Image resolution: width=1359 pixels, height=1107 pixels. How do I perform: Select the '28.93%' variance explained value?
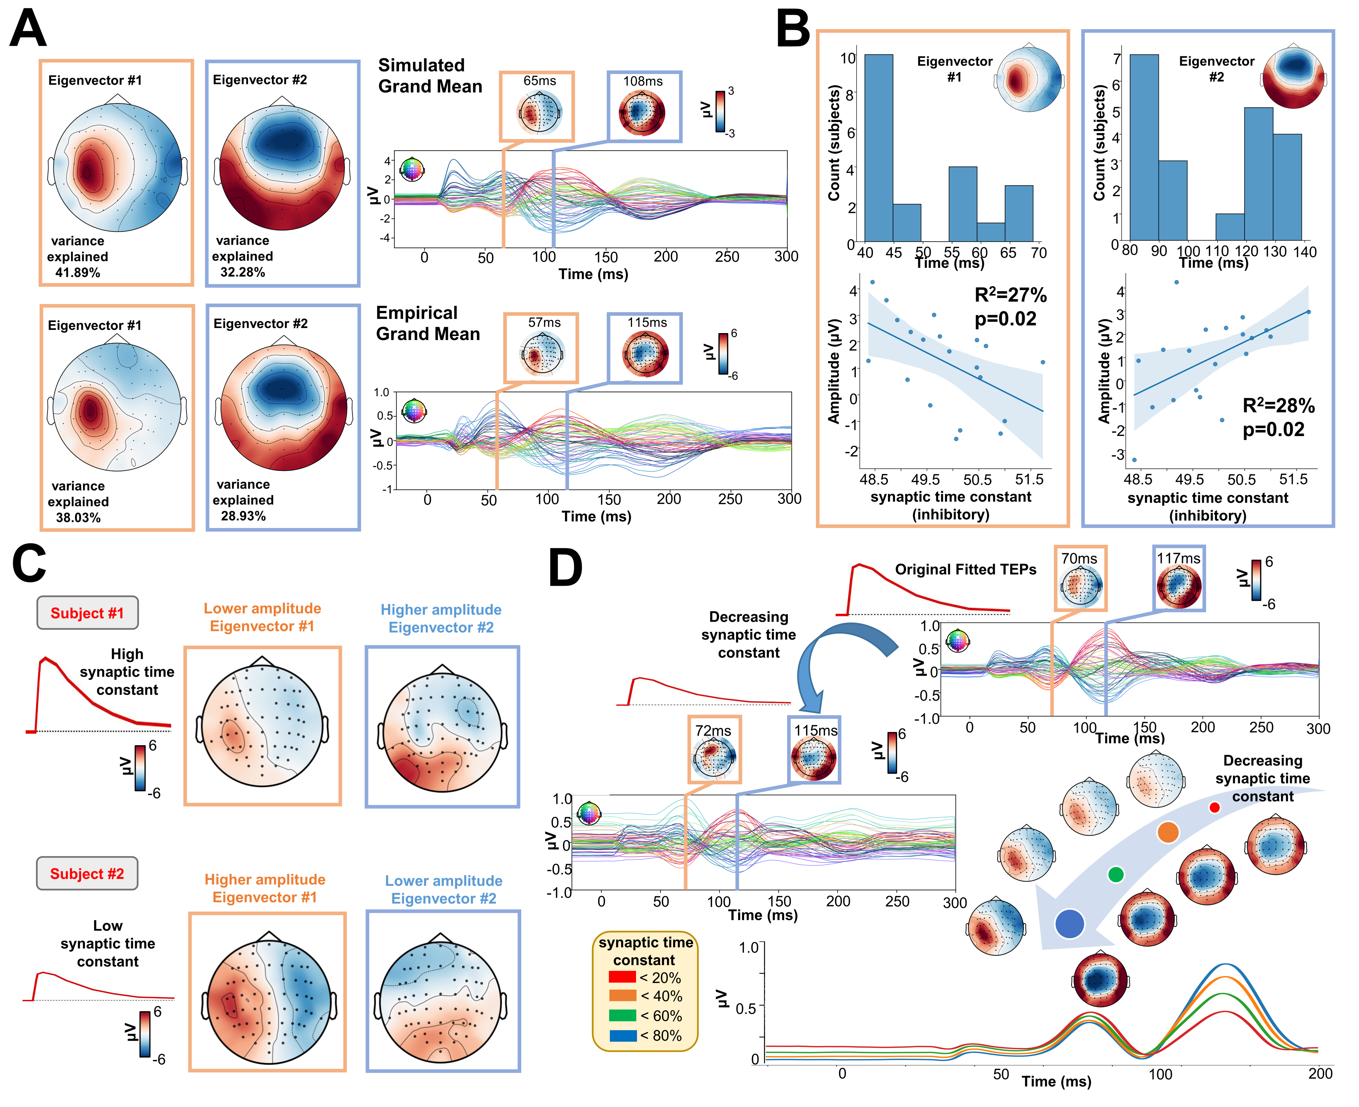coord(243,516)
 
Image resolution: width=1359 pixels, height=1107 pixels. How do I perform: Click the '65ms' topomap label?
coord(539,81)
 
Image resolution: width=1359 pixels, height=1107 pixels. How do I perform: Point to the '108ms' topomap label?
coord(643,82)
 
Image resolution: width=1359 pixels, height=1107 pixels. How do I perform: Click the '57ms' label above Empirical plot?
coord(544,323)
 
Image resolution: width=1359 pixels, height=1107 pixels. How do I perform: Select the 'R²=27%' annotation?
coord(1010,295)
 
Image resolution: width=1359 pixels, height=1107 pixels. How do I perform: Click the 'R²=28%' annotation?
coord(1278,406)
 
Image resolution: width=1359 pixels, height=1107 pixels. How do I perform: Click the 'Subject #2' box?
coord(87,874)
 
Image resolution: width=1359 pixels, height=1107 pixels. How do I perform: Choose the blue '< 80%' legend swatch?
coord(622,1036)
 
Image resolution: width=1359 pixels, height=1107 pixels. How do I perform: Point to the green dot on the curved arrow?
coord(1115,874)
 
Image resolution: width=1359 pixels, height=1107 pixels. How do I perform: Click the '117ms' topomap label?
coord(1179,559)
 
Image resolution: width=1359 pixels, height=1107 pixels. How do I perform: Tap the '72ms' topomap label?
coord(713,731)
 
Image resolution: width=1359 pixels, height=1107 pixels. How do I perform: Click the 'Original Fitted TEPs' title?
coord(966,569)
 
